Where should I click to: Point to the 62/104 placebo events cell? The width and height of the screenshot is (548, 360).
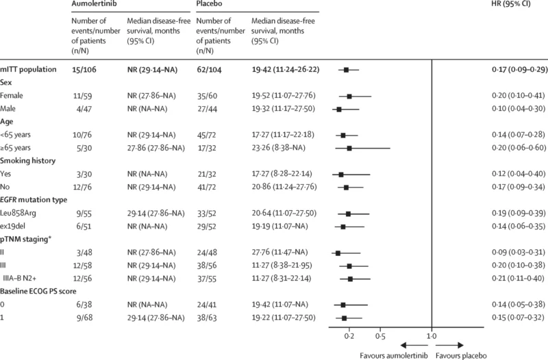[210, 70]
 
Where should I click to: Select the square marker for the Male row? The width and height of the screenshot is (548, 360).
[339, 109]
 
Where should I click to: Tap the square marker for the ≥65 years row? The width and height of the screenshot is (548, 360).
[349, 148]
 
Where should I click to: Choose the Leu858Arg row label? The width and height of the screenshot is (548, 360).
[19, 213]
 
